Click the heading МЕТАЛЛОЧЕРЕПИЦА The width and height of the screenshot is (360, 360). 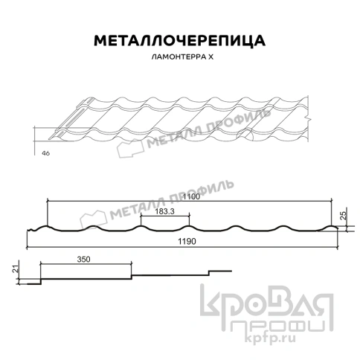pyautogui.click(x=179, y=39)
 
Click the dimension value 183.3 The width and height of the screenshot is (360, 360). pyautogui.click(x=165, y=212)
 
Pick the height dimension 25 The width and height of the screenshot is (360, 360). pyautogui.click(x=343, y=215)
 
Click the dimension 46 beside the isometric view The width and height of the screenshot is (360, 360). pyautogui.click(x=45, y=153)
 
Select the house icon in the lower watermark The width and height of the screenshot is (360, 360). pyautogui.click(x=98, y=217)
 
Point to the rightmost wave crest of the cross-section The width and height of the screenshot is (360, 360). pyautogui.click(x=330, y=225)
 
